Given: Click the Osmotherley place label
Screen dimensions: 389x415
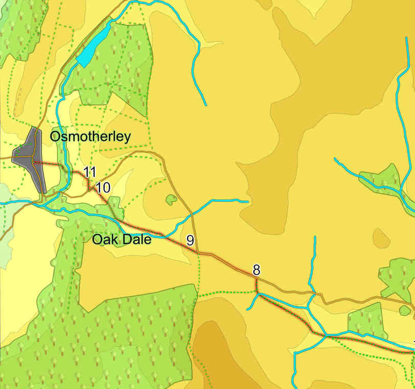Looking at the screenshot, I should pyautogui.click(x=90, y=137).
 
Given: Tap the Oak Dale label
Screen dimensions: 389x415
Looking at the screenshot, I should pyautogui.click(x=122, y=239).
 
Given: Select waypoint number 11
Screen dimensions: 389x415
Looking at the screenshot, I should pyautogui.click(x=90, y=172).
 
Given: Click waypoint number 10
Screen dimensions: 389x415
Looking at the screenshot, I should pyautogui.click(x=103, y=187).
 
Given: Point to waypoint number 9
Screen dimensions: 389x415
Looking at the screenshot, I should pyautogui.click(x=190, y=240).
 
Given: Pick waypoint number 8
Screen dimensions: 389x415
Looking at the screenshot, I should pyautogui.click(x=257, y=270).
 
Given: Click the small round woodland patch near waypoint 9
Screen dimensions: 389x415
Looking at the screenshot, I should pyautogui.click(x=171, y=200).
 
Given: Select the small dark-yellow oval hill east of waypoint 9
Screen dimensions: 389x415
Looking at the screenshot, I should pyautogui.click(x=381, y=238).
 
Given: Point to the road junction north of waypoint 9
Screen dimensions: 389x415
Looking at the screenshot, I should pyautogui.click(x=192, y=213).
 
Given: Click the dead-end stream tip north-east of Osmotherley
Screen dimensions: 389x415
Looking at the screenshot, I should pyautogui.click(x=205, y=105).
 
